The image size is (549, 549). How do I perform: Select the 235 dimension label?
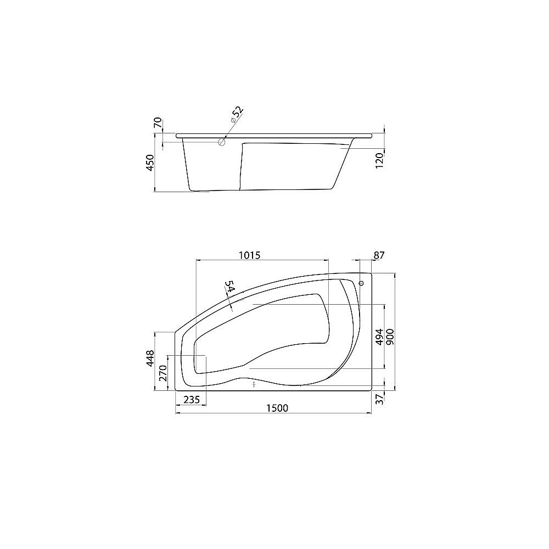[192, 400]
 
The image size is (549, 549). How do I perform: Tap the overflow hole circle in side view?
[222, 142]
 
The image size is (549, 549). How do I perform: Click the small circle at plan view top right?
[361, 283]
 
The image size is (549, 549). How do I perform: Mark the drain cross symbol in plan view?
[254, 385]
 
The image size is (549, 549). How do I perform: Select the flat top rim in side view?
[274, 135]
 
